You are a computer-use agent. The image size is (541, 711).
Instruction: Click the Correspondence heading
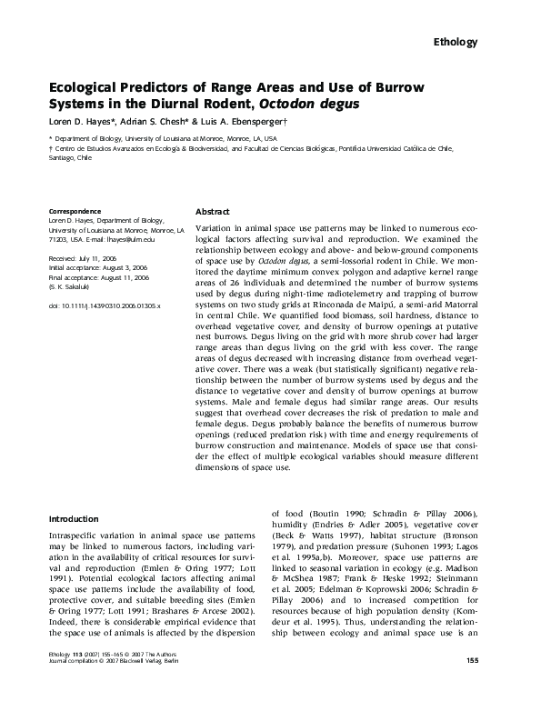(75, 210)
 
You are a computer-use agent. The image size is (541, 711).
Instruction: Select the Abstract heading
(213, 210)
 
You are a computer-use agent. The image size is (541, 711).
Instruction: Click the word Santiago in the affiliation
(61, 155)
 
